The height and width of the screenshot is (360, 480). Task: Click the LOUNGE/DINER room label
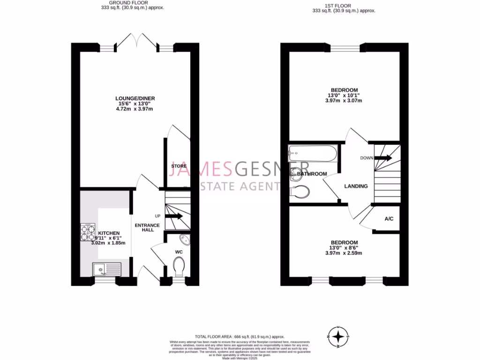pos(135,98)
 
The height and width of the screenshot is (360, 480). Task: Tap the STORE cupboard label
pos(179,166)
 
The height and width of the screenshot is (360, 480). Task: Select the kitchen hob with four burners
pos(88,232)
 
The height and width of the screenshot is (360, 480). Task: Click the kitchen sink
pos(106,269)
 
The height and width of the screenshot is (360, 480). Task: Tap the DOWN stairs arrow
pos(382,158)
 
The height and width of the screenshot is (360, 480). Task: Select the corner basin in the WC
pos(184,240)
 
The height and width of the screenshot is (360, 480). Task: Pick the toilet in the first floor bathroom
pos(300,191)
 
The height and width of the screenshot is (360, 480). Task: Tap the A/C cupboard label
pos(389,219)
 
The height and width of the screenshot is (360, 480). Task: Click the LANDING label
pos(356,186)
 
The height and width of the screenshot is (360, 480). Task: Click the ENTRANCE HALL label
pos(147,228)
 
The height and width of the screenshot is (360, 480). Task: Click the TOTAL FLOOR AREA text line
pos(240,337)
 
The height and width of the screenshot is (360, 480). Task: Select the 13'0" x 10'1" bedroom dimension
pos(344,95)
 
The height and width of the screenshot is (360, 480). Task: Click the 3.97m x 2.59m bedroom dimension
pos(344,253)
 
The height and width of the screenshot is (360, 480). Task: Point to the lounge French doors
pos(136,42)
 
